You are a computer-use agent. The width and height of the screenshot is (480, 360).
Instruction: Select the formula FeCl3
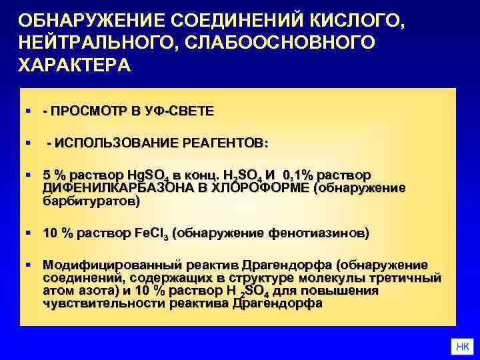(153, 234)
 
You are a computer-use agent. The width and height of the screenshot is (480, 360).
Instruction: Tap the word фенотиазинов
(317, 234)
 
